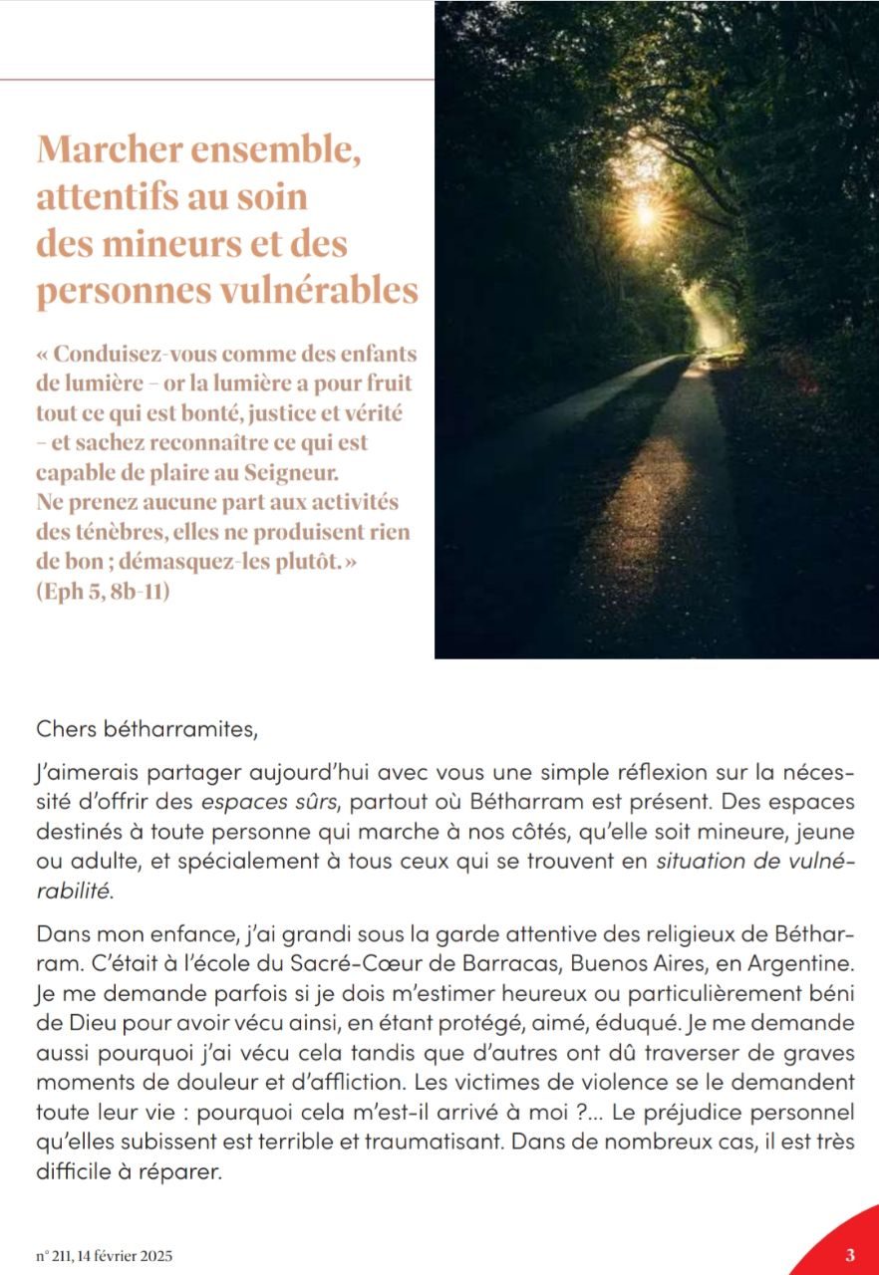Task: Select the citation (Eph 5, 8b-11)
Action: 103,591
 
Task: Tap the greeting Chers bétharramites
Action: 146,730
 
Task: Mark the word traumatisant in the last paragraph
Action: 429,1144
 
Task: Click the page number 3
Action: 850,1254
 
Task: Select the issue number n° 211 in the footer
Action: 57,1256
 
